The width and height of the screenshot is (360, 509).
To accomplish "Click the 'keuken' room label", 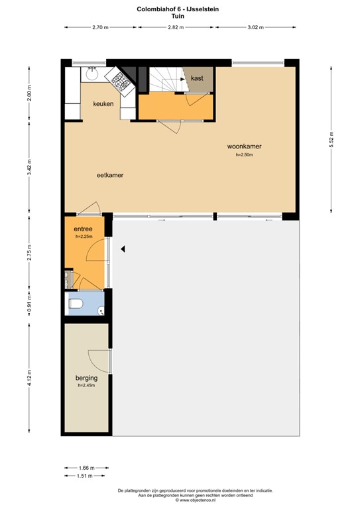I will point(103,104).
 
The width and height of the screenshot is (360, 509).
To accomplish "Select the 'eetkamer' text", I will point(111,176).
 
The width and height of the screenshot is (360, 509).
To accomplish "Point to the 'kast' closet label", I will point(197,79).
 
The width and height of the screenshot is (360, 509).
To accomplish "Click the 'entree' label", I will point(83,229).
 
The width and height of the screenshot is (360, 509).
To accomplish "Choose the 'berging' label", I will point(87,378).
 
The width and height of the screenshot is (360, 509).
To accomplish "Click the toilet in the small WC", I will point(76,304).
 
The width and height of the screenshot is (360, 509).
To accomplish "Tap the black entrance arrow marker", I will point(123,249).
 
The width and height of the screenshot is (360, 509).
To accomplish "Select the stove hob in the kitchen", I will point(120,81).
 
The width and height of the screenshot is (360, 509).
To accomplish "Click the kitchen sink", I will point(92,74).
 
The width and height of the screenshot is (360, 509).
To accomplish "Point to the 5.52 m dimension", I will point(331,141).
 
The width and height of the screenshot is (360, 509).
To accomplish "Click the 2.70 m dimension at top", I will point(100,27).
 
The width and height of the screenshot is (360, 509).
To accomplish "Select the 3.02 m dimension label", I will point(255,27).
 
